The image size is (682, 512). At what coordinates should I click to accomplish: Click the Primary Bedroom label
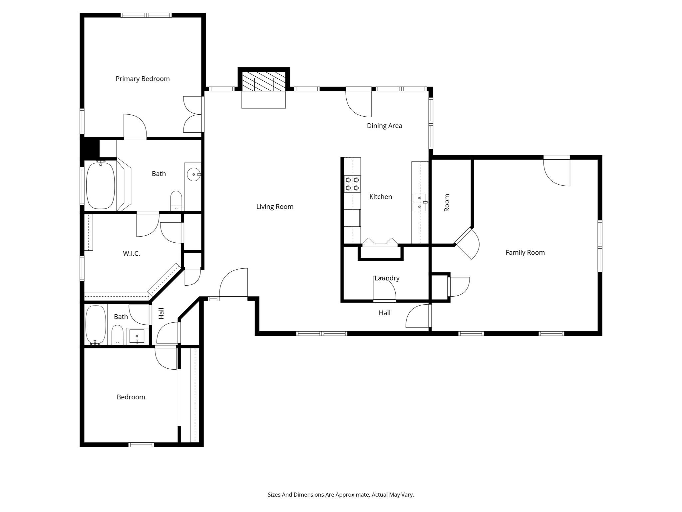(143, 79)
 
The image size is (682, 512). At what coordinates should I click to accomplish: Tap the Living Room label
(275, 207)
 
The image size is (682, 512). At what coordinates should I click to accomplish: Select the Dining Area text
(384, 126)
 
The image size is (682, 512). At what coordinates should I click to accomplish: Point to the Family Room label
(525, 253)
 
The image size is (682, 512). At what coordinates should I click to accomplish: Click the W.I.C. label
(131, 254)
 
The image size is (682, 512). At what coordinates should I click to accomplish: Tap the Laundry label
(387, 278)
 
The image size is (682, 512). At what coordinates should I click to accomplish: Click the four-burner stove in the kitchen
(352, 184)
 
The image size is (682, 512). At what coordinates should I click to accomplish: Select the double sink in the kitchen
(420, 202)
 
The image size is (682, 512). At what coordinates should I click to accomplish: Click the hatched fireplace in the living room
(263, 81)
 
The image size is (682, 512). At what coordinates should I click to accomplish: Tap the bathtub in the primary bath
(101, 185)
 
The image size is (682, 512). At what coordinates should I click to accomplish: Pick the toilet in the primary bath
(176, 201)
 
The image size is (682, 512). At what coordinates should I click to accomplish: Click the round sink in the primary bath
(193, 174)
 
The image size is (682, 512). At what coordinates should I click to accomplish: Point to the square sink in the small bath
(137, 336)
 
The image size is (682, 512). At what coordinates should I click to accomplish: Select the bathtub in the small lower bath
(96, 325)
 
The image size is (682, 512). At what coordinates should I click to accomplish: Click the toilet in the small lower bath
(117, 335)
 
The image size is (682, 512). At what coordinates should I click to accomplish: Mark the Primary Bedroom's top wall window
(146, 15)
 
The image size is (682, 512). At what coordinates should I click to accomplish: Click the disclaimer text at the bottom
(341, 495)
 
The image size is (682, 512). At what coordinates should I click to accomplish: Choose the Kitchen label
(381, 197)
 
